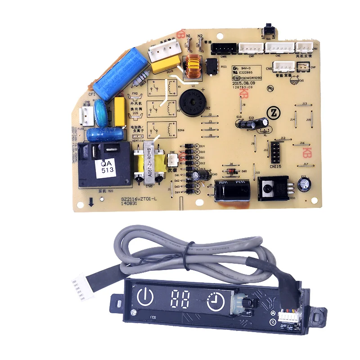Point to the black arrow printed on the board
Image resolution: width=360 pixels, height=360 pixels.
coord(91,202)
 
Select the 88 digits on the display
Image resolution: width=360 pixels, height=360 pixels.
coord(180,297)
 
